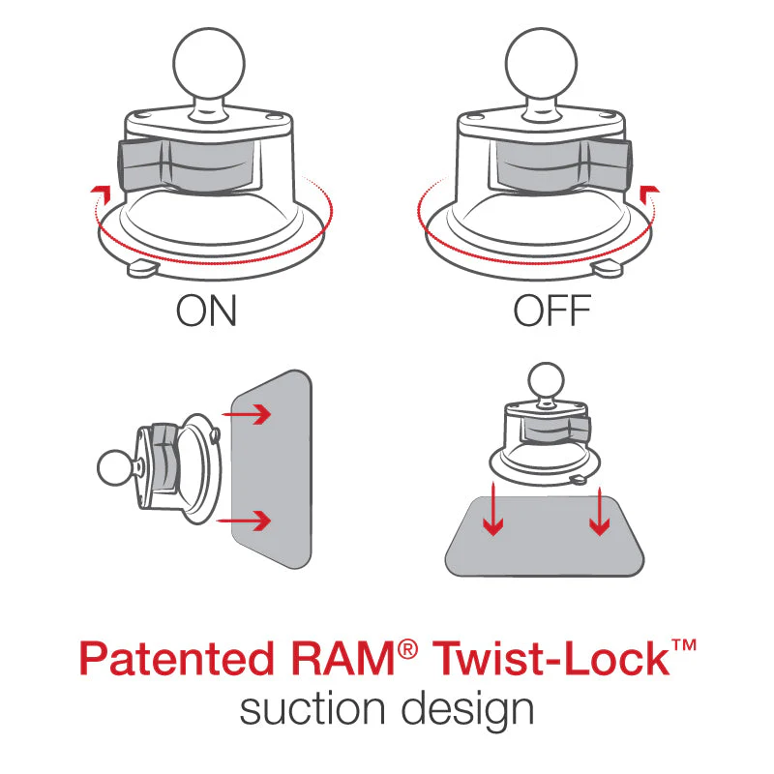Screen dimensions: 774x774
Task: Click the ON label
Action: tap(206, 312)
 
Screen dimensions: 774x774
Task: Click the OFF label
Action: tap(551, 312)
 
